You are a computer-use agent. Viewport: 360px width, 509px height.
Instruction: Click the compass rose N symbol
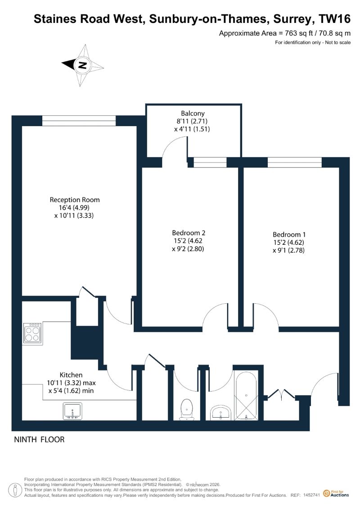click(82, 65)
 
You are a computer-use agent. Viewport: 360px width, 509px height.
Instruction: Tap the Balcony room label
click(193, 113)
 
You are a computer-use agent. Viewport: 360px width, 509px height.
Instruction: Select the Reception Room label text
click(75, 200)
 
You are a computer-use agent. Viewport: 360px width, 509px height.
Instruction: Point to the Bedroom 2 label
click(189, 233)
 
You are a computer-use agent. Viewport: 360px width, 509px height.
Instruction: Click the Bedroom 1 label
click(289, 234)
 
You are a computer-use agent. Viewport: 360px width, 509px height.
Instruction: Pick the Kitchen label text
click(71, 374)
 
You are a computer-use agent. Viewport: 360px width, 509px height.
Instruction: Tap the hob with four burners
click(32, 333)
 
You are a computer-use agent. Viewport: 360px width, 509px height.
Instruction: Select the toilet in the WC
click(187, 410)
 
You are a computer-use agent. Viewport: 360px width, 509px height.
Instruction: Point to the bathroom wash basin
click(221, 413)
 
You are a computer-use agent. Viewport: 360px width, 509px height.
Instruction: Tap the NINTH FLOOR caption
click(39, 440)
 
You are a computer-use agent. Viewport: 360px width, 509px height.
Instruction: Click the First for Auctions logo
click(336, 494)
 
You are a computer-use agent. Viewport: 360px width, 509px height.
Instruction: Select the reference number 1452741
click(312, 495)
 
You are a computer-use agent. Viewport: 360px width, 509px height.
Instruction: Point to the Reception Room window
click(79, 121)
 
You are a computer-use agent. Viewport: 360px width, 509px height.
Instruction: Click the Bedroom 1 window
click(295, 162)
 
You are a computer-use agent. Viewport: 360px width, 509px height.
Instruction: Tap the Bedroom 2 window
click(210, 162)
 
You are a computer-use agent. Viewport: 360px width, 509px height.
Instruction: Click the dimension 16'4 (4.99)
click(74, 208)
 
